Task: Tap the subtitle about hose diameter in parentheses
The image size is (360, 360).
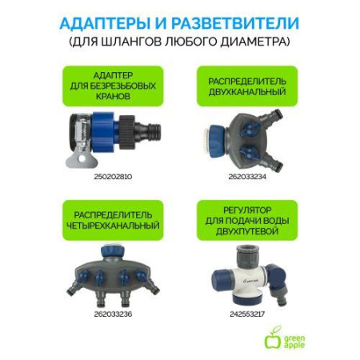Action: (x=180, y=39)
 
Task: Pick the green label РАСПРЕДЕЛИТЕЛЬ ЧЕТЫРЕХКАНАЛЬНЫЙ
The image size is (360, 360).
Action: (x=107, y=222)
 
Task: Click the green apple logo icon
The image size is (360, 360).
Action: (x=274, y=338)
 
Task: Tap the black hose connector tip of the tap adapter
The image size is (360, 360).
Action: (x=148, y=127)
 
